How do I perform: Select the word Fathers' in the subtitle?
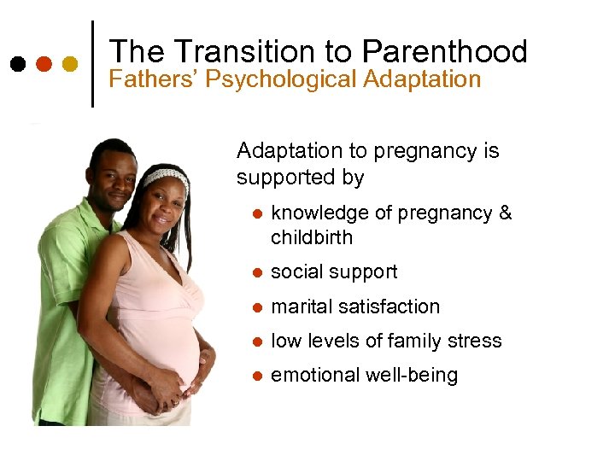[x=147, y=80]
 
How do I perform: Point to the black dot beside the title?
[x=17, y=64]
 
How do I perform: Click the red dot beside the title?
[x=44, y=64]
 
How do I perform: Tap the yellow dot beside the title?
[x=70, y=64]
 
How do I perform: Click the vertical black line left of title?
[x=92, y=64]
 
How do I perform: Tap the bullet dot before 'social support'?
[x=254, y=273]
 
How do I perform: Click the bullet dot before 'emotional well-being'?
[x=254, y=376]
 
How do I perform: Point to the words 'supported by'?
[x=300, y=178]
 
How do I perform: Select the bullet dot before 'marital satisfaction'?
[x=254, y=307]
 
